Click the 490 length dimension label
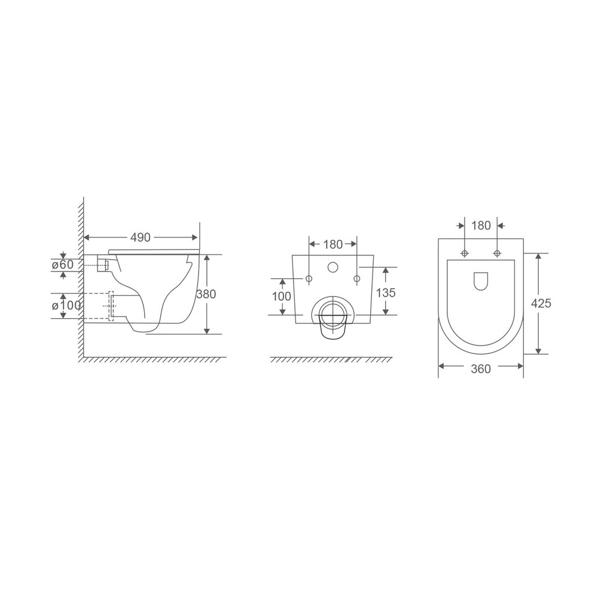pos(141,237)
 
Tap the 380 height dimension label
pos(206,294)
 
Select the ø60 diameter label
pos(63,264)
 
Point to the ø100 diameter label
pos(66,305)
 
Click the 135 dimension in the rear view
pos(386,293)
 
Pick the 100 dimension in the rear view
pos(282,297)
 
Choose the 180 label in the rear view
pos(333,245)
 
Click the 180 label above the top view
pos(481,226)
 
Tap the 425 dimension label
pos(541,304)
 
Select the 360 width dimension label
pos(481,369)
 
